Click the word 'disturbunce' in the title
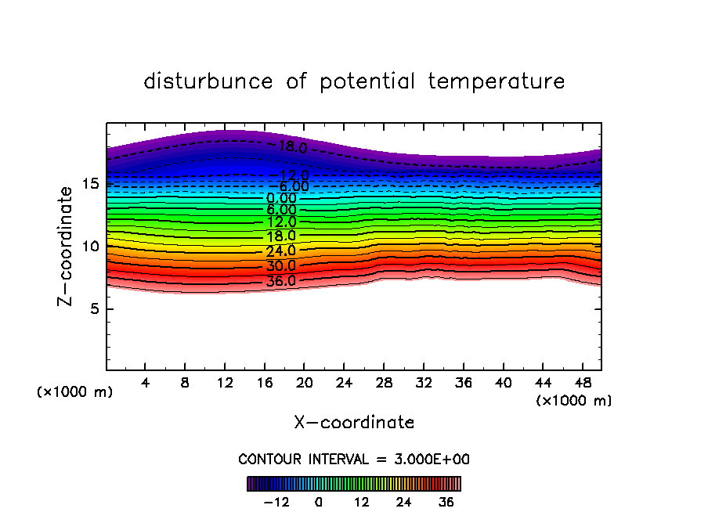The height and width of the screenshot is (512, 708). pos(208,81)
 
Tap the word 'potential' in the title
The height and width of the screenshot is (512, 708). pos(367,81)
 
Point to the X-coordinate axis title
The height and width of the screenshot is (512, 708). pos(354,423)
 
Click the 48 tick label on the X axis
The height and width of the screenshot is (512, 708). pos(582,384)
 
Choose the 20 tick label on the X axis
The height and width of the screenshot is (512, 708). pos(305,384)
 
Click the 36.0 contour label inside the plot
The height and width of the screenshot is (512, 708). pos(280,281)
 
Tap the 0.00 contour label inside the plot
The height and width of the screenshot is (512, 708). pos(281,198)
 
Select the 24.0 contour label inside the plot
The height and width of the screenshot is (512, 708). pos(280,251)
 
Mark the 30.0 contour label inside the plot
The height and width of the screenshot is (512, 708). pos(280,266)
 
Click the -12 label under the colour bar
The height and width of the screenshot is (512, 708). pos(276,502)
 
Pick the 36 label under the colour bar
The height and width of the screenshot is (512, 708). pos(446,502)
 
